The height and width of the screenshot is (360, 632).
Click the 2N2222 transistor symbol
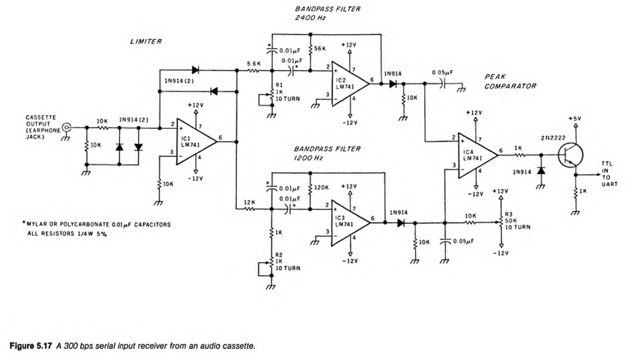[x=570, y=155]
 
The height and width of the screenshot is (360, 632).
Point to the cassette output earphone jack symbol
[x=66, y=128]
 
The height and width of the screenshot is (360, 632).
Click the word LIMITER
[x=146, y=41]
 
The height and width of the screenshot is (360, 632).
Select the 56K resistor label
[x=320, y=49]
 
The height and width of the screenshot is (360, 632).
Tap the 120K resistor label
[x=321, y=188]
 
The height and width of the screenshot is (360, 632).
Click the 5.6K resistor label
[x=254, y=64]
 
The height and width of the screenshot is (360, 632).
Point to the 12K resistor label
[x=249, y=202]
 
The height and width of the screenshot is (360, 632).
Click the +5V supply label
[x=574, y=119]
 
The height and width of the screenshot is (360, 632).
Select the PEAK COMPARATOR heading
[x=510, y=82]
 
